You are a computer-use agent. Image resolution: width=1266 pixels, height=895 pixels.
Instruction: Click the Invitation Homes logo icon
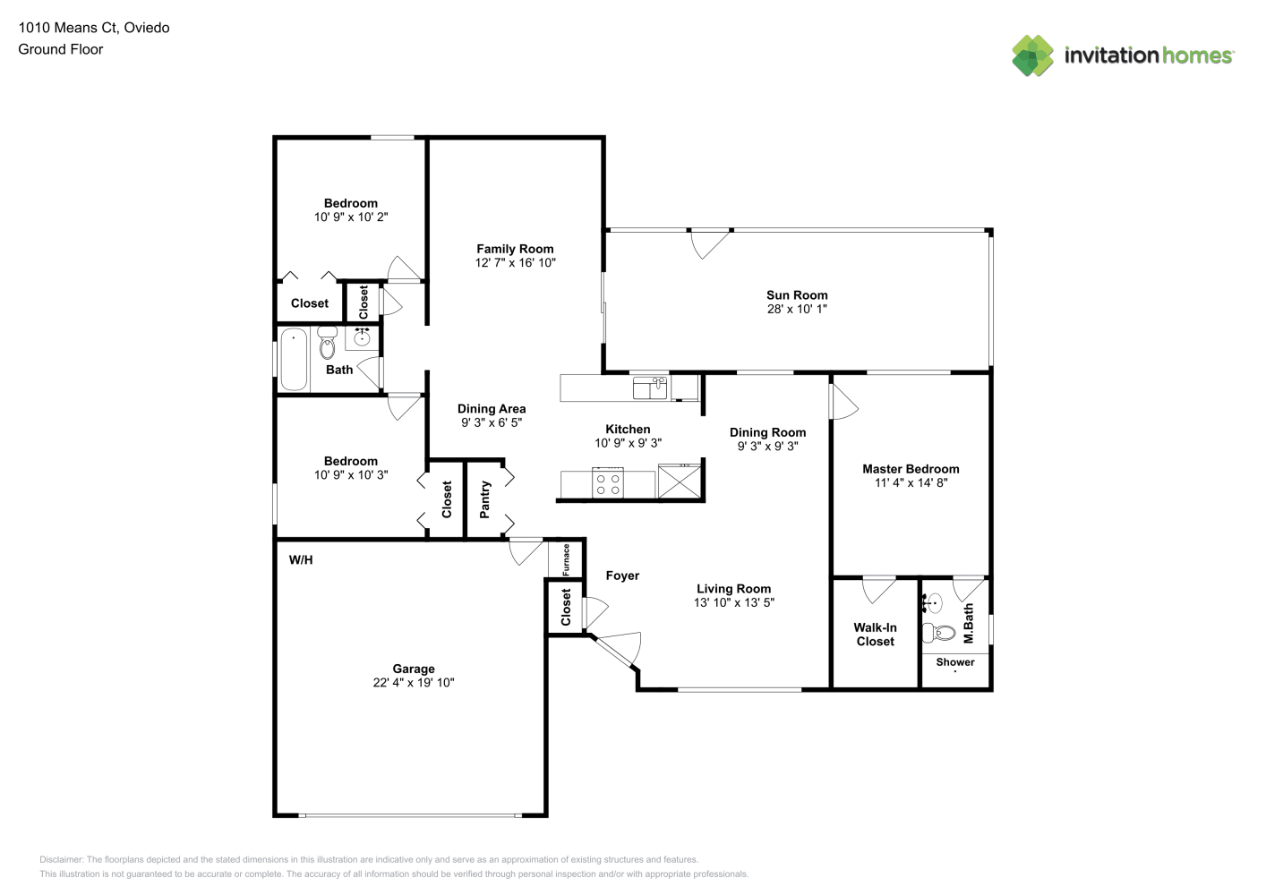(x=1032, y=55)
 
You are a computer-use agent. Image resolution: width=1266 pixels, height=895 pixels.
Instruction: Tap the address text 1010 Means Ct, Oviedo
(x=94, y=28)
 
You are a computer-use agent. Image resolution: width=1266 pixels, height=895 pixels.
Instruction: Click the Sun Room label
(x=797, y=295)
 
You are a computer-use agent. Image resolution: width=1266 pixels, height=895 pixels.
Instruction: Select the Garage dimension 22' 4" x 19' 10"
(x=414, y=683)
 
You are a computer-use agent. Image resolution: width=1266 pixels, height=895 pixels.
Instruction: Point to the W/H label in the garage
(x=301, y=560)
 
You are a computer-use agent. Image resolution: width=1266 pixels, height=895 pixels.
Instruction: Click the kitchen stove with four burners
(x=608, y=483)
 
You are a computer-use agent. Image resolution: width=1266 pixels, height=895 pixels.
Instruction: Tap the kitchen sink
(x=650, y=388)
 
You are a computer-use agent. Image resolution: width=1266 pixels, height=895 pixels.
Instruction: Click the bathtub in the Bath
(x=294, y=359)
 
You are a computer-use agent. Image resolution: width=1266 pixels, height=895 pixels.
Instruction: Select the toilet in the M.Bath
(x=939, y=633)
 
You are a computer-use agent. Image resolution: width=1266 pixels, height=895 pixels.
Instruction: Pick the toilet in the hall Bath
(x=327, y=343)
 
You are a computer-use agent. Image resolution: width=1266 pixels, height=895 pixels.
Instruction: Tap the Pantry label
(x=484, y=499)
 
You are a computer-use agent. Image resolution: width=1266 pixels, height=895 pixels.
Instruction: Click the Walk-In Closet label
(x=875, y=634)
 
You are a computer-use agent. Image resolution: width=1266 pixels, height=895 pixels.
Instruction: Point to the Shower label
(x=955, y=662)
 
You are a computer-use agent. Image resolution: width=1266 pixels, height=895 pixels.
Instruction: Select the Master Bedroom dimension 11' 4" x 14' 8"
(x=911, y=482)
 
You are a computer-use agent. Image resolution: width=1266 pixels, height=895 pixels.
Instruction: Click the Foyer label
(x=622, y=575)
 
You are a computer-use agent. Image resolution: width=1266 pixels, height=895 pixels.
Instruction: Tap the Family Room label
(x=515, y=249)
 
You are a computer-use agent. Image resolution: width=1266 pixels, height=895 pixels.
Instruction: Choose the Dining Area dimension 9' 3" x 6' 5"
(x=492, y=422)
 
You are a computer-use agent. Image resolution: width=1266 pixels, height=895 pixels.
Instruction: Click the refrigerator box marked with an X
(x=680, y=482)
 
